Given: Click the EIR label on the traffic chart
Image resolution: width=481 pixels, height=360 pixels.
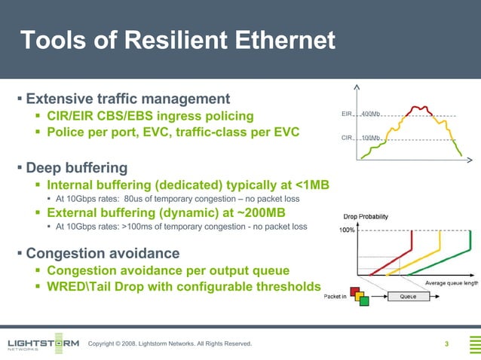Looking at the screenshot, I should tap(347, 114).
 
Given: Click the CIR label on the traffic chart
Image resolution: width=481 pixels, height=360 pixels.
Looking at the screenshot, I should tap(347, 139).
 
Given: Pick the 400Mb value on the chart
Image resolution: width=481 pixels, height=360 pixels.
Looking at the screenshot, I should tap(370, 114).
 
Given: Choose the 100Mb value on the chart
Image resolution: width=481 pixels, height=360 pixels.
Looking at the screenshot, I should tap(370, 139).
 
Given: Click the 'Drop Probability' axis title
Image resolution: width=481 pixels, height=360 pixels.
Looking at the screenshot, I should tap(366, 216).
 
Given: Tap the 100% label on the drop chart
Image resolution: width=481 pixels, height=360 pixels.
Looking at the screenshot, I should tap(346, 230).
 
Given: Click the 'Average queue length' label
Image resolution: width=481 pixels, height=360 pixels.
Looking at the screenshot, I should tap(452, 282).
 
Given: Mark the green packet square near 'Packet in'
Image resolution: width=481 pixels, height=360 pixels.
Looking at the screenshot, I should tap(364, 301).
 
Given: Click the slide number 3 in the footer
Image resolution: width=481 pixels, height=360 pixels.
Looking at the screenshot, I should tap(446, 344).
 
